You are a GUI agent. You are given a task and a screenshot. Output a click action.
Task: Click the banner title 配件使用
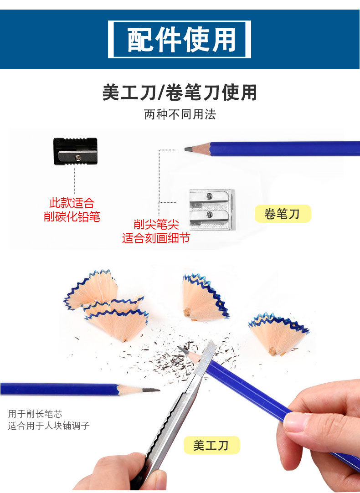(x=180, y=40)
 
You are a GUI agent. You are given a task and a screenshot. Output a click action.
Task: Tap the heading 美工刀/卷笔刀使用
(x=180, y=92)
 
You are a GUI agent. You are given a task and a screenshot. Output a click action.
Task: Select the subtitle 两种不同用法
(x=180, y=114)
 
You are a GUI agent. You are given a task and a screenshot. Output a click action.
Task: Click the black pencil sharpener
(x=75, y=151)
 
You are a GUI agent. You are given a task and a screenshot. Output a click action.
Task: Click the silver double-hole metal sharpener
(x=212, y=209)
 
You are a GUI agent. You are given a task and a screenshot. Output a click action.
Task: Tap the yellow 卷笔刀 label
(x=283, y=214)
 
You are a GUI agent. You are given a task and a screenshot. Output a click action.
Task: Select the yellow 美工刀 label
(x=211, y=445)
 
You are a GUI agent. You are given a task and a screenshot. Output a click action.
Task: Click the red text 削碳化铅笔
(x=72, y=216)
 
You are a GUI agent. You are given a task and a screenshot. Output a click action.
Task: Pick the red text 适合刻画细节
(x=156, y=238)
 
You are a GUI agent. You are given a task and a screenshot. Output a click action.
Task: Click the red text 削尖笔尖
(x=156, y=224)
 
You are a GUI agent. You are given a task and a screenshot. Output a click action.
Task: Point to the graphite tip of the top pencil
(x=188, y=149)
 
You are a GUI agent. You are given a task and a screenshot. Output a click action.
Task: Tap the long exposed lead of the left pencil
(x=148, y=390)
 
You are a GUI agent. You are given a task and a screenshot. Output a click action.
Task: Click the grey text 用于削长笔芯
(x=35, y=414)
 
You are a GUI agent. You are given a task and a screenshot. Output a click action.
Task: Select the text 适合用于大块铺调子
(x=49, y=426)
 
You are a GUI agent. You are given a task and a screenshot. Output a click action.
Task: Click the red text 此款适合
(x=72, y=203)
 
